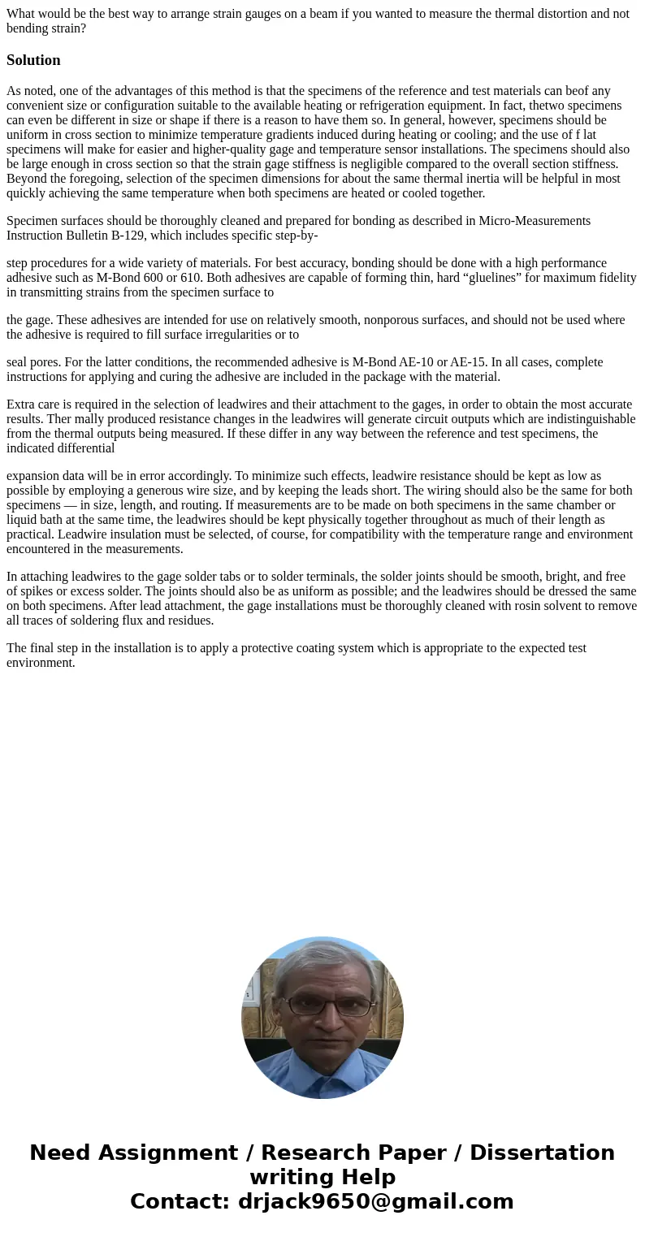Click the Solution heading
click(x=33, y=60)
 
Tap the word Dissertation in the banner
click(x=542, y=1153)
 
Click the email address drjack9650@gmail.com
click(x=375, y=1201)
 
